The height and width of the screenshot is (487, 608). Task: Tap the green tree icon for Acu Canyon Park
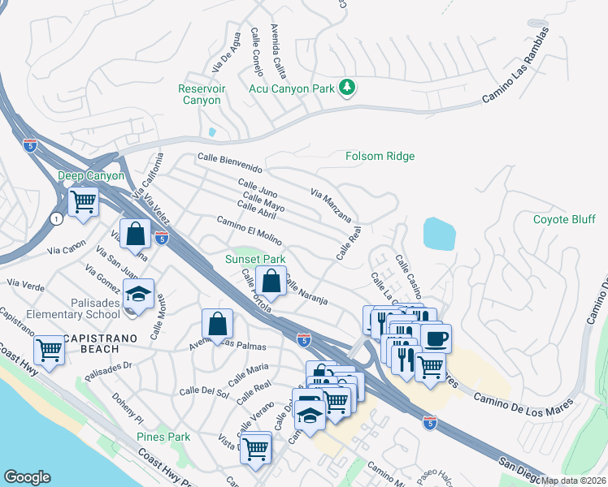347,86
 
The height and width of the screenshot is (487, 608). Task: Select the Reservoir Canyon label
201,94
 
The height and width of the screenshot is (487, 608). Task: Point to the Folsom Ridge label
380,156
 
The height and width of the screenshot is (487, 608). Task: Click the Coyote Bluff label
564,219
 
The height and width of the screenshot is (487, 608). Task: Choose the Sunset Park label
255,260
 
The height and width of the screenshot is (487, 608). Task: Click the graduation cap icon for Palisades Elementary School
138,293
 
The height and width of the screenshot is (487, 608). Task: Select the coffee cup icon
436,337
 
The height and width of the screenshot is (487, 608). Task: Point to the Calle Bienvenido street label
230,163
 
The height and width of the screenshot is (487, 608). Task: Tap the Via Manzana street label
330,205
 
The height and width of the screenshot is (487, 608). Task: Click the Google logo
27,477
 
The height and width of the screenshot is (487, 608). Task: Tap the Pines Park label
163,437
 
